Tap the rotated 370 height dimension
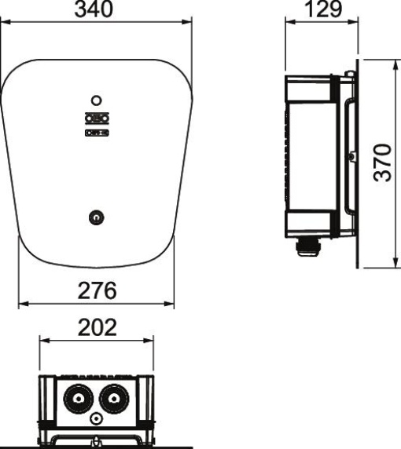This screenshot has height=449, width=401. (x=380, y=162)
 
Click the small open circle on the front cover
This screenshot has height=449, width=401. (x=96, y=100)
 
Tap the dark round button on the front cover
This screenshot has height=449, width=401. (x=96, y=215)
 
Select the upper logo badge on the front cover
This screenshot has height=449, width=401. (x=96, y=119)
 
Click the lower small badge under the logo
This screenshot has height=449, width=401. (x=96, y=133)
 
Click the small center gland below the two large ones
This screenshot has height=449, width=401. (x=96, y=420)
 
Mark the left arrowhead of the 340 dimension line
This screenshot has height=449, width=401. (x=5, y=23)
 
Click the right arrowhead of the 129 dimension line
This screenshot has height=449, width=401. (x=355, y=23)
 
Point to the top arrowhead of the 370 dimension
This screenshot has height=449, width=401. (x=392, y=61)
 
